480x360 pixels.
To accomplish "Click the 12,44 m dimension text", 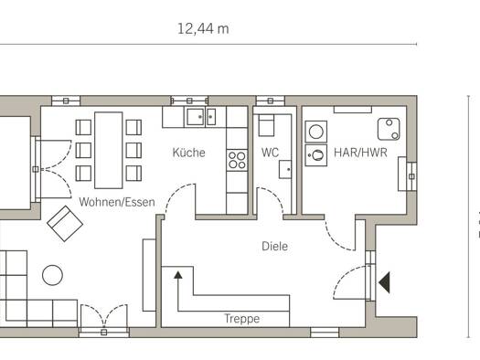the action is tap(203, 29).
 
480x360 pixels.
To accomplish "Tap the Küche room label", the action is tap(188, 153).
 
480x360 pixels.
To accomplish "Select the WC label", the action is tap(270, 153).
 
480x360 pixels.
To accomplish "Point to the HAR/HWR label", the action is tap(360, 153).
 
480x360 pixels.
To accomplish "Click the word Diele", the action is tap(274, 246).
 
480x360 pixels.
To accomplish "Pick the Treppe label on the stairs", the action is tap(242, 319).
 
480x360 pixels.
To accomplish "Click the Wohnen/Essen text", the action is tap(117, 202).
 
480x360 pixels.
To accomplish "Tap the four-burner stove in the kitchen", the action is tap(237, 160).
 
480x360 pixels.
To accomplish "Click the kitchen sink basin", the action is tap(196, 117).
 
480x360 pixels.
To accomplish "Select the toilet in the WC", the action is tap(266, 125).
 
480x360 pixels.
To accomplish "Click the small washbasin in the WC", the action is tap(285, 169).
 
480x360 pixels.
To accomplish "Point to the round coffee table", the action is tap(53, 275).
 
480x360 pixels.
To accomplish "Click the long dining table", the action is tap(109, 150).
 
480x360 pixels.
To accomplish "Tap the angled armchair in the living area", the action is tap(65, 224).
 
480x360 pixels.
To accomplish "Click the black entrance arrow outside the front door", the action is tap(385, 282).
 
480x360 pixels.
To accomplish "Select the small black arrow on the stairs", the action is tap(178, 275).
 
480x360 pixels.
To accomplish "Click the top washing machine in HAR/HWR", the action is tap(316, 132).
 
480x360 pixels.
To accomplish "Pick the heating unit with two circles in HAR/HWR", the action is tap(389, 129).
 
